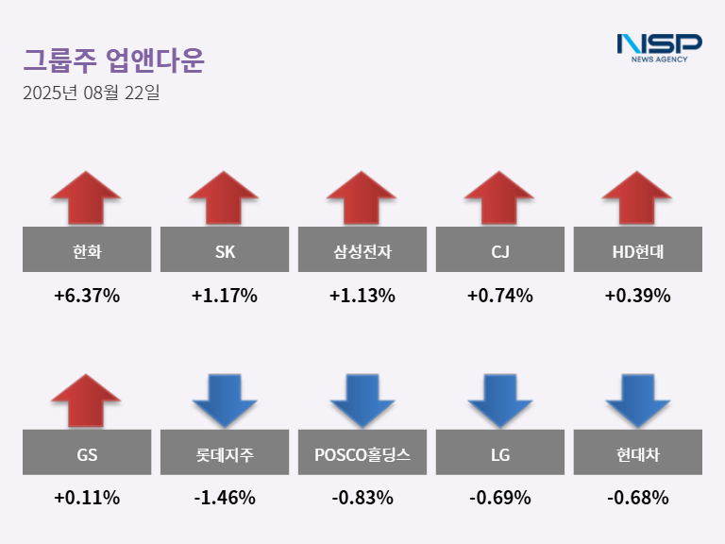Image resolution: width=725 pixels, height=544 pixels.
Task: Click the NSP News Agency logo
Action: (x=659, y=47)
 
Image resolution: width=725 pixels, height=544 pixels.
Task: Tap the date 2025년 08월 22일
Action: (x=92, y=93)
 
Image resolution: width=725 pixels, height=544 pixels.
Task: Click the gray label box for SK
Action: (x=224, y=250)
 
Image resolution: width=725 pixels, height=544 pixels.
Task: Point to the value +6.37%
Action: (x=87, y=296)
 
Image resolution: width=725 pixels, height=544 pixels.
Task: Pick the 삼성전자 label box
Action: (x=362, y=250)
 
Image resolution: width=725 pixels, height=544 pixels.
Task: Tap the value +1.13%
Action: (x=362, y=296)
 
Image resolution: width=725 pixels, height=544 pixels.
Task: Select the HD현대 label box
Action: (x=637, y=250)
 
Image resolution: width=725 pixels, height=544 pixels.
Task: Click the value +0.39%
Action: (x=637, y=296)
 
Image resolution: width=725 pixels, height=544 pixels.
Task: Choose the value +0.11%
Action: (x=87, y=498)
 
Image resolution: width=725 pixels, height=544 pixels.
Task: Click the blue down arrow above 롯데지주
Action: (x=224, y=399)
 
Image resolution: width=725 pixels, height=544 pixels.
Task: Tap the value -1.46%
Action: (x=224, y=498)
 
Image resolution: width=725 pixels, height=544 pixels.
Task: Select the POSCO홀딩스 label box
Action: (x=362, y=453)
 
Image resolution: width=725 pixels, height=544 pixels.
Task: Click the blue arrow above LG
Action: (x=499, y=399)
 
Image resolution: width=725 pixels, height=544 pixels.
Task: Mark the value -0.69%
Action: (x=499, y=498)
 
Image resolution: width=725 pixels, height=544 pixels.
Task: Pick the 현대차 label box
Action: (x=637, y=453)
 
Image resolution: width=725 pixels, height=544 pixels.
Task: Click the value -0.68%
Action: (x=637, y=498)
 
